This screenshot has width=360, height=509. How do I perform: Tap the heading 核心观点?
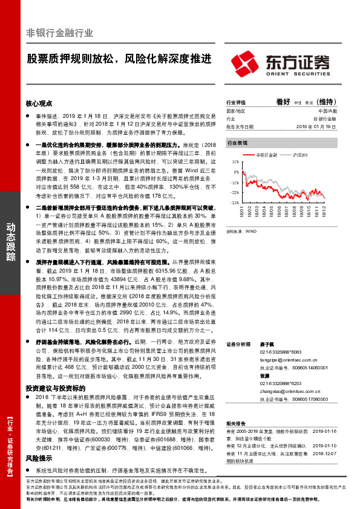coord(39,103)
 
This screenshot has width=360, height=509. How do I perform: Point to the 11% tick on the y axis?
coord(234,162)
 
